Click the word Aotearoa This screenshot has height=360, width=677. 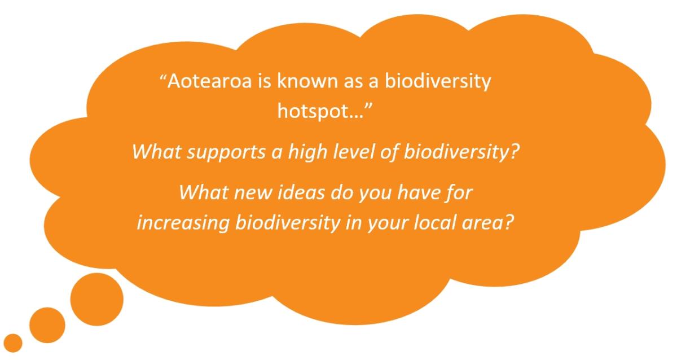point(209,81)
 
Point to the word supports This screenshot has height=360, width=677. point(226,152)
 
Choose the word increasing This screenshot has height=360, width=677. point(183,223)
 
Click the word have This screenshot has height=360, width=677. point(418,192)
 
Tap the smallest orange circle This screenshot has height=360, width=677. point(13,343)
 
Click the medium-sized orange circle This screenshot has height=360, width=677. point(47,325)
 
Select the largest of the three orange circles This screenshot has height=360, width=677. point(97,299)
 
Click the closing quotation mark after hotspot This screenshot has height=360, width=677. point(369,107)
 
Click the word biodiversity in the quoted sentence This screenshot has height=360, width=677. point(438,82)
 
